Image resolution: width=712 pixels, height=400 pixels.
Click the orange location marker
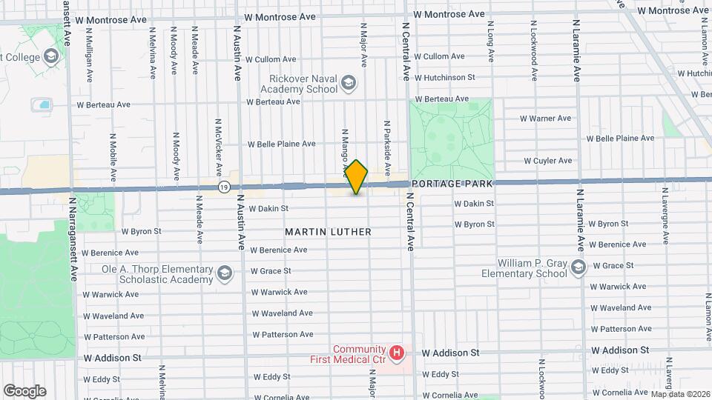click(357, 177)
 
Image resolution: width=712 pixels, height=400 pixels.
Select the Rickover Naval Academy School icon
click(349, 84)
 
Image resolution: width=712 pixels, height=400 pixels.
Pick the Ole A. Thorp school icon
click(223, 274)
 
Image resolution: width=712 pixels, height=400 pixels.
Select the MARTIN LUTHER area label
click(328, 232)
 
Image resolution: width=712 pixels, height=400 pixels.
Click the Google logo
click(24, 391)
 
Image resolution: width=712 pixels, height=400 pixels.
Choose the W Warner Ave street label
click(545, 118)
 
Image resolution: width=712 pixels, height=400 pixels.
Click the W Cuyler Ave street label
click(547, 160)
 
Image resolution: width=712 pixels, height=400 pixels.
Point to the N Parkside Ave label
click(386, 141)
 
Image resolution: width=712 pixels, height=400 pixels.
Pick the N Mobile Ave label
click(113, 157)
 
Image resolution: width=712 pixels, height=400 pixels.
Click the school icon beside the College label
click(50, 56)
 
